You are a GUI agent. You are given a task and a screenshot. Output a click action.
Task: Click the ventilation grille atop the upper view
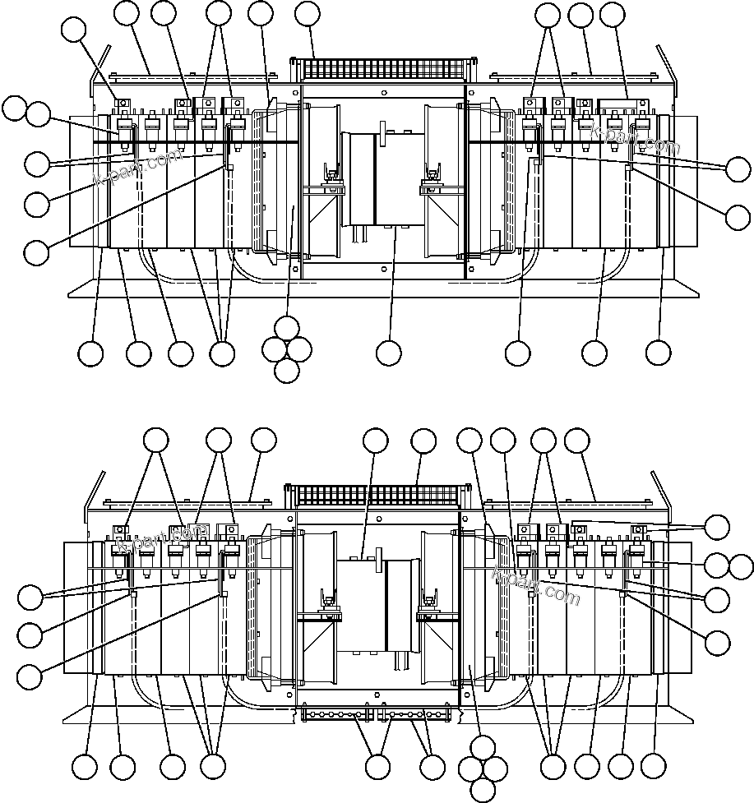pos(383,69)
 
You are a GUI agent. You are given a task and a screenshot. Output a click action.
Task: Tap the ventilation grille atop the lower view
pos(374,495)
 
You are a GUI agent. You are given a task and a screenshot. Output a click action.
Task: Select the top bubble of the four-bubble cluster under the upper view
pos(286,327)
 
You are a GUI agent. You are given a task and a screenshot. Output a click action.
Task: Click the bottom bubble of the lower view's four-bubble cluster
pos(483,790)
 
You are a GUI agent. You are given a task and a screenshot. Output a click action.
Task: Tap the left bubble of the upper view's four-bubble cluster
pos(274,348)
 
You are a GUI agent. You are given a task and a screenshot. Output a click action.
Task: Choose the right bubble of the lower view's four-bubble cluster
pos(495,768)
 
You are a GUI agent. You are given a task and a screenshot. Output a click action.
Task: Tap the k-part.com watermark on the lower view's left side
pos(163,538)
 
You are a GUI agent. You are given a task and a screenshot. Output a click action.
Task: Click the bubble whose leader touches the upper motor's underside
pos(388,353)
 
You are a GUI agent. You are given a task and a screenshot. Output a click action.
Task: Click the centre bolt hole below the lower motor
pos(378,695)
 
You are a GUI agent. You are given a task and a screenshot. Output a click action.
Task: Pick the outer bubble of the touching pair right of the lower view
pos(742,565)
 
